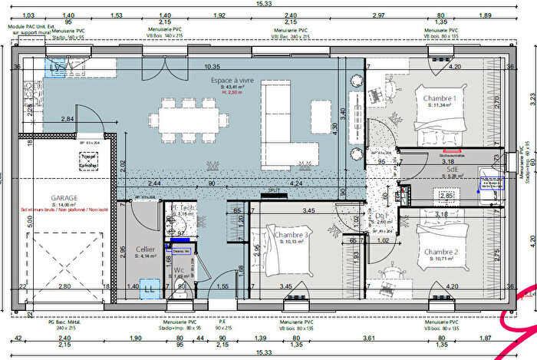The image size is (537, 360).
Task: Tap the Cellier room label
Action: pyautogui.click(x=147, y=250)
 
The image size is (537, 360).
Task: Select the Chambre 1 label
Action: pyautogui.click(x=437, y=99)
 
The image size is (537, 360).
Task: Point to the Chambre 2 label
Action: pyautogui.click(x=440, y=252)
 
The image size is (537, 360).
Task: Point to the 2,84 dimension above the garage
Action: pyautogui.click(x=68, y=119)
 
